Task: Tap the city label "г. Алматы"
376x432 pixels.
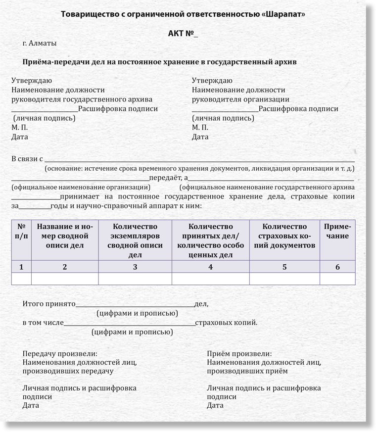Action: [x=40, y=43]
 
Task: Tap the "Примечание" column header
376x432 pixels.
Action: [x=337, y=231]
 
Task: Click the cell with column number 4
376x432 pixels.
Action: [x=210, y=267]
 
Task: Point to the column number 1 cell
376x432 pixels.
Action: [x=21, y=267]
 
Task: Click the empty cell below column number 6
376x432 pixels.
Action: [x=337, y=279]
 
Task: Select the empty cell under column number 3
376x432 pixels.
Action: [x=135, y=279]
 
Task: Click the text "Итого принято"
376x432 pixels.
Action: [x=48, y=303]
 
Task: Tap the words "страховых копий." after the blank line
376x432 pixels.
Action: [x=227, y=323]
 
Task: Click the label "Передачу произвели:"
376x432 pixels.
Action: [x=60, y=354]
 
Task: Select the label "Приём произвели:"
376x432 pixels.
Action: [x=239, y=354]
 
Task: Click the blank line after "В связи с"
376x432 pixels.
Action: [x=198, y=159]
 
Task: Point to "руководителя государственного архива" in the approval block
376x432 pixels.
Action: [x=82, y=99]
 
